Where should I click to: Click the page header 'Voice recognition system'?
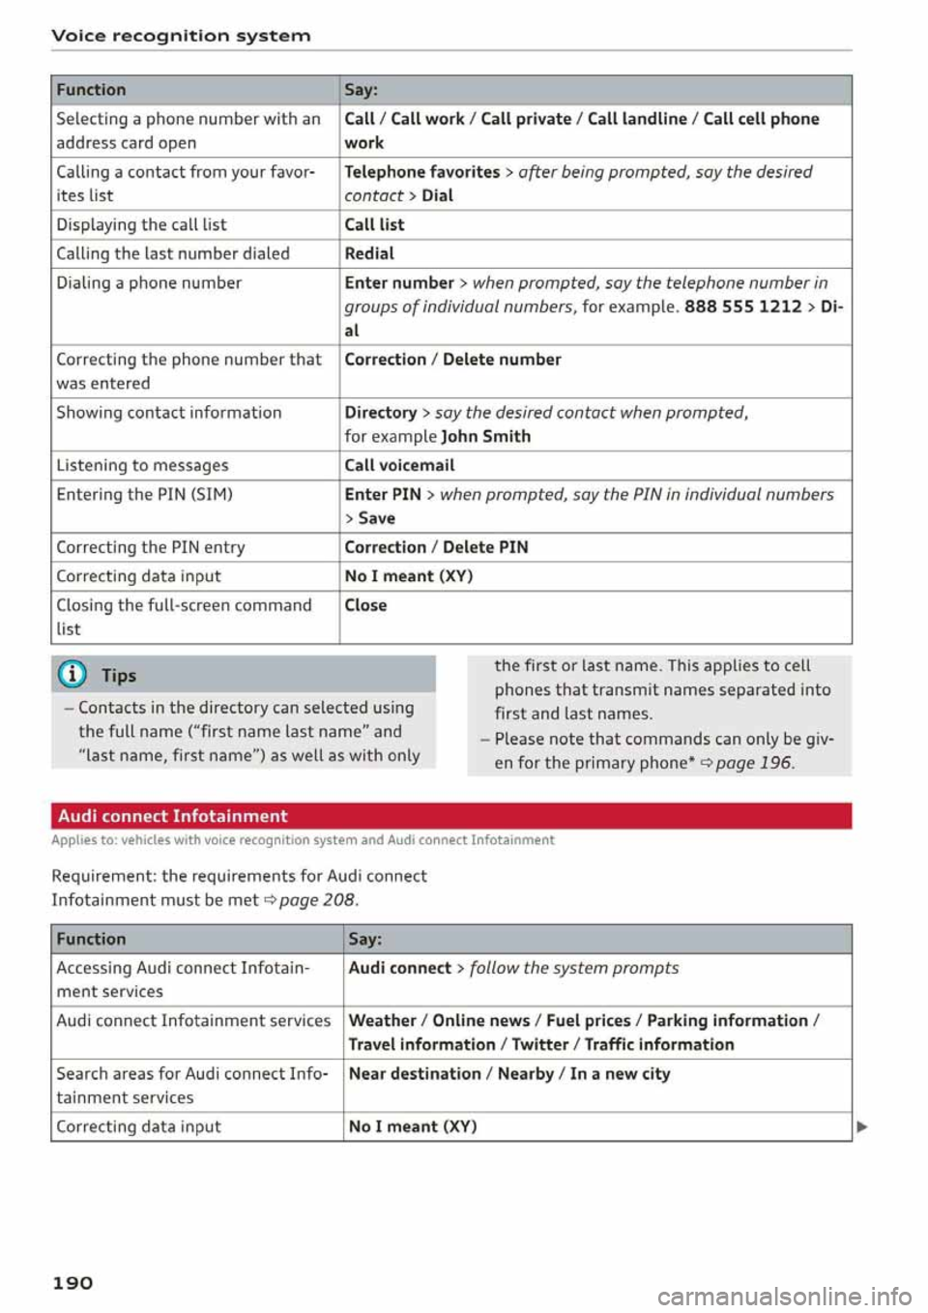181,36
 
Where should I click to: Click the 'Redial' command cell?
369,253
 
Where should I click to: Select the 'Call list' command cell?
374,224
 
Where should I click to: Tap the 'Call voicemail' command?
399,465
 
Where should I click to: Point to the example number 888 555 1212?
742,306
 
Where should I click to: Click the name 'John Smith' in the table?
485,436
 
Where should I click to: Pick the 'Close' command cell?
365,605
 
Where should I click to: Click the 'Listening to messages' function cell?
142,465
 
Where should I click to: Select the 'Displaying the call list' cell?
141,224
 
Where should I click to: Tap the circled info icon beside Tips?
72,675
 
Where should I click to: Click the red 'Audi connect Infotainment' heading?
173,816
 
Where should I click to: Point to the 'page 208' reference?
316,900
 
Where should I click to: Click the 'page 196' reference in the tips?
753,763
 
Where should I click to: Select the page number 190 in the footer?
72,1282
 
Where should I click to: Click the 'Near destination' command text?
415,1073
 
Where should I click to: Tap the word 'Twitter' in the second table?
539,1044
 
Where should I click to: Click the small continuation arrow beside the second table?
862,1126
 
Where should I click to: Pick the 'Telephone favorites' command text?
421,172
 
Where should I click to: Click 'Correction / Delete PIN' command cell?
436,547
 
